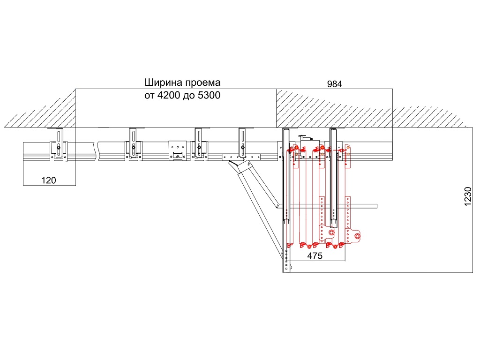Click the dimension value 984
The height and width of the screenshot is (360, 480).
click(335, 84)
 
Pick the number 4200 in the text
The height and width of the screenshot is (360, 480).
click(171, 95)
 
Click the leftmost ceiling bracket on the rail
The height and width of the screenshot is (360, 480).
click(59, 145)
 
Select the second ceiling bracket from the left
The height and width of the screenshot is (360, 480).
click(134, 145)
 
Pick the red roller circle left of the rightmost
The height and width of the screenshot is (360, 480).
click(331, 232)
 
